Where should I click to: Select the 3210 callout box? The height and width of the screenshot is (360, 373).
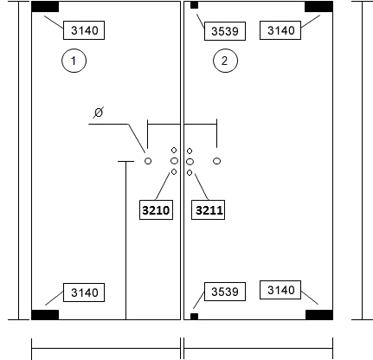click(x=156, y=209)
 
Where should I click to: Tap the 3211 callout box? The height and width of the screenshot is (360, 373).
click(x=209, y=209)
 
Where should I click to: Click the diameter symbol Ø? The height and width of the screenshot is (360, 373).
click(x=99, y=112)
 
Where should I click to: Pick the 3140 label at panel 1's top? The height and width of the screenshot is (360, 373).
click(x=84, y=30)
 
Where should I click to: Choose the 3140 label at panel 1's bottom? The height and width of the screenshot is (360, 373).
click(x=84, y=292)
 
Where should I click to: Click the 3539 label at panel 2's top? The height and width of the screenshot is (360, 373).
click(x=225, y=31)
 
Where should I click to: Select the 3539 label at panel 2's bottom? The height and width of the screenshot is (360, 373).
click(x=225, y=292)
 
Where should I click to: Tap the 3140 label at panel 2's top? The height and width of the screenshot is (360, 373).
click(x=280, y=30)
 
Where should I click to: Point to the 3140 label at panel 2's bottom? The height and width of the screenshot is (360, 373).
click(x=280, y=290)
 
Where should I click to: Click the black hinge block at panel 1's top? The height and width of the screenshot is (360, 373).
click(x=45, y=7)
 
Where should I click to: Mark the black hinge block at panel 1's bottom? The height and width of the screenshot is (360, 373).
click(x=45, y=315)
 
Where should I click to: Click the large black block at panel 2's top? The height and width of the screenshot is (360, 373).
click(x=318, y=7)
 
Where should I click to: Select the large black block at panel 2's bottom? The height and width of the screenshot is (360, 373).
click(x=319, y=315)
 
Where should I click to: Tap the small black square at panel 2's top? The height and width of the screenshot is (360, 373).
click(x=195, y=5)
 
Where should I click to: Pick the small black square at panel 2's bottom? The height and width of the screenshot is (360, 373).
click(x=195, y=317)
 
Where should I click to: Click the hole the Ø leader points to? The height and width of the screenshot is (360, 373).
click(x=148, y=161)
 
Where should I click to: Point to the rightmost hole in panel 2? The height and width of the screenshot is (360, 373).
click(x=217, y=161)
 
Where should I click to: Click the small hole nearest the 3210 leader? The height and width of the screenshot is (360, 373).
click(x=174, y=172)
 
